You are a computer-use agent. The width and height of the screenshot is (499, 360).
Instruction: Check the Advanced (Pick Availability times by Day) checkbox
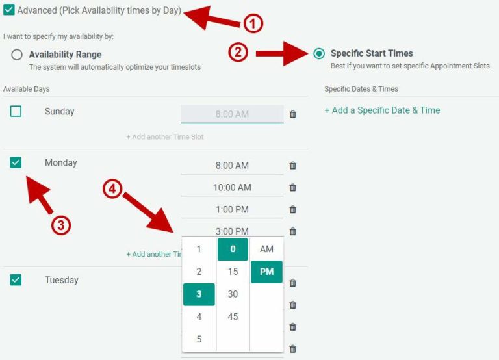pyautogui.click(x=9, y=10)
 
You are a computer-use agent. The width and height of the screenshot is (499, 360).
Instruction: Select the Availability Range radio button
pyautogui.click(x=17, y=55)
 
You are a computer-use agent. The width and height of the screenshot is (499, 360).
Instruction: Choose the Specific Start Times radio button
pyautogui.click(x=319, y=54)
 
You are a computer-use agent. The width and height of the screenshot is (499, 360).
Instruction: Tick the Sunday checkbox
pyautogui.click(x=16, y=111)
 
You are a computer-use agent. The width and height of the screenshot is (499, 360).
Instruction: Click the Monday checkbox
pyautogui.click(x=16, y=162)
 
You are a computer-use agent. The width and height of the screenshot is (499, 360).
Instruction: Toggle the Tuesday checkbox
pyautogui.click(x=16, y=280)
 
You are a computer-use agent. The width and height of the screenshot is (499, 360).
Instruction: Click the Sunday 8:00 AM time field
pyautogui.click(x=232, y=114)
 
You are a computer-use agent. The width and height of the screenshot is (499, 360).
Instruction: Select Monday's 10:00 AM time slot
pyautogui.click(x=232, y=188)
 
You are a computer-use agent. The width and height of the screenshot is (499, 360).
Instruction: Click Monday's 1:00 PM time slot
pyautogui.click(x=232, y=210)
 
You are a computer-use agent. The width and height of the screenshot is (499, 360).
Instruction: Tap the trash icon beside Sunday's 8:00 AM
pyautogui.click(x=293, y=114)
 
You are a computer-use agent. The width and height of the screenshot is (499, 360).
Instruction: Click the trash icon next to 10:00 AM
pyautogui.click(x=293, y=188)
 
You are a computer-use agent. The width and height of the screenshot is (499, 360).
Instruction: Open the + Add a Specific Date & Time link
pyautogui.click(x=382, y=110)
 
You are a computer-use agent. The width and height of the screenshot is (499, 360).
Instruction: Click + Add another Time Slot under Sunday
pyautogui.click(x=165, y=137)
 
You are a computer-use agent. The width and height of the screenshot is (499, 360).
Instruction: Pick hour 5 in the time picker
pyautogui.click(x=199, y=339)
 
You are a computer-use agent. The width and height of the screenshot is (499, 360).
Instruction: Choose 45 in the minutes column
pyautogui.click(x=233, y=317)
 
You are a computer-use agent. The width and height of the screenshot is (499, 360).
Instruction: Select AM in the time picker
pyautogui.click(x=266, y=249)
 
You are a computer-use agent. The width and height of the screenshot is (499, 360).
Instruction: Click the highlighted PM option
pyautogui.click(x=266, y=272)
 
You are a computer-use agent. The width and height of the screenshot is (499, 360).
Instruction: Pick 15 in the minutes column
pyautogui.click(x=233, y=272)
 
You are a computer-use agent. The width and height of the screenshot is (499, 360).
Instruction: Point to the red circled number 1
pyautogui.click(x=253, y=24)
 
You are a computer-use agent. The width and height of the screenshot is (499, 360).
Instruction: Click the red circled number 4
pyautogui.click(x=112, y=189)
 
